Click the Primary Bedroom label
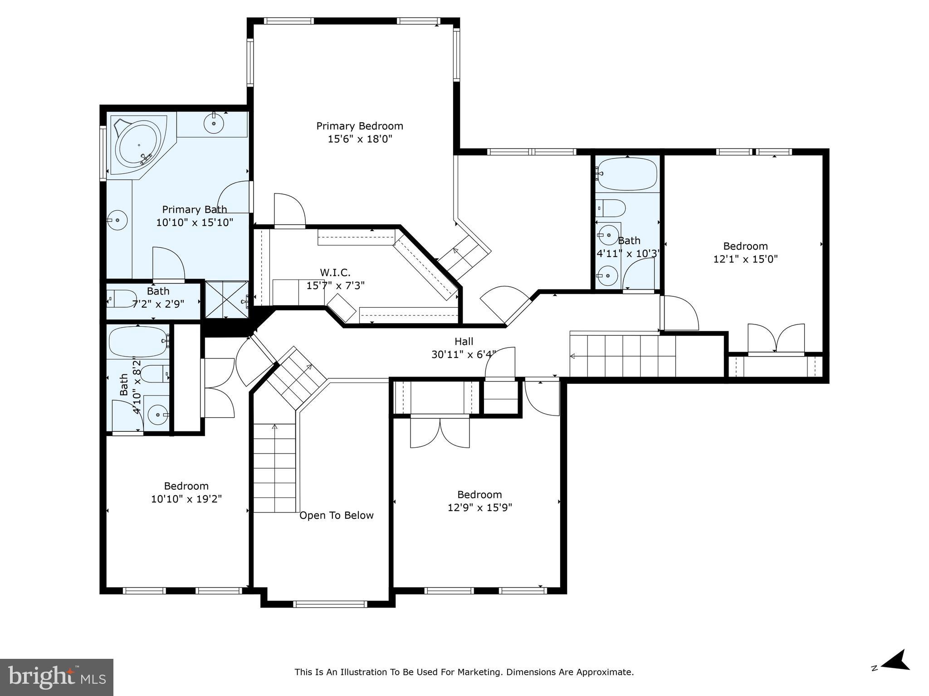tap(359, 126)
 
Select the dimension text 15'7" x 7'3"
tap(335, 285)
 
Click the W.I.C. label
tap(335, 273)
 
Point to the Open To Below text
tap(336, 515)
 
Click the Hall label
tap(464, 342)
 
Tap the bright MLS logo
tap(57, 677)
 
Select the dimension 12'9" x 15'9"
tap(479, 507)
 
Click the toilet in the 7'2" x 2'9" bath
tap(122, 299)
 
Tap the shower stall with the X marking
tap(226, 300)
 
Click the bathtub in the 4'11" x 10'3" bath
tap(627, 174)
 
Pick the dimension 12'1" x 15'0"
tap(745, 259)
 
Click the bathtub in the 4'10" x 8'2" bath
tap(138, 342)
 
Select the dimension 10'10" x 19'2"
tap(186, 499)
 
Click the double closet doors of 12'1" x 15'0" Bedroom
tap(776, 338)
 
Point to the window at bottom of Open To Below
tap(330, 604)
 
